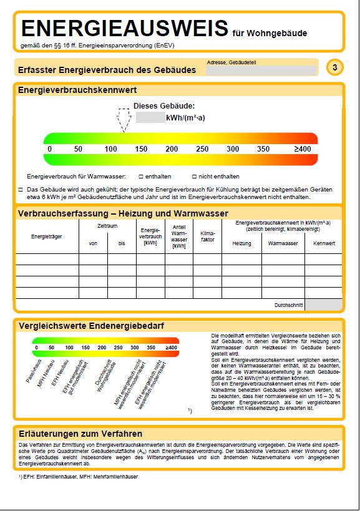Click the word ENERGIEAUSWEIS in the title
[x=125, y=29]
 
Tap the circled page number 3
[x=335, y=67]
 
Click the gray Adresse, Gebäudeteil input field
[x=262, y=71]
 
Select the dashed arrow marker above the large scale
[x=124, y=120]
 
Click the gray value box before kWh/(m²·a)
[x=150, y=117]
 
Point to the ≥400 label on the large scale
[x=302, y=149]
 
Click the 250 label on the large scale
[x=202, y=149]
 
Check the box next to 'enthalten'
[x=140, y=177]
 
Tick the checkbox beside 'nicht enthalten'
[x=194, y=177]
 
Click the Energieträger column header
[x=47, y=236]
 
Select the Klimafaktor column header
[x=207, y=236]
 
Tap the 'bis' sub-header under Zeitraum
[x=121, y=243]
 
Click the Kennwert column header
[x=324, y=243]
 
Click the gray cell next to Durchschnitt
[x=323, y=305]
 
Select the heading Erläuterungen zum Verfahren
[x=80, y=434]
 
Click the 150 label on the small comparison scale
[x=85, y=348]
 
